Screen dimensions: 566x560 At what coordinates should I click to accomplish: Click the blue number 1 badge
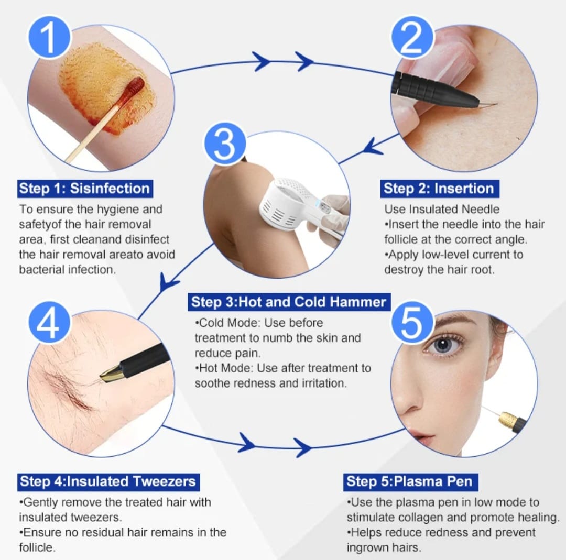coord(49,38)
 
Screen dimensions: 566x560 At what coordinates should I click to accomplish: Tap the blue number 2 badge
coord(412,38)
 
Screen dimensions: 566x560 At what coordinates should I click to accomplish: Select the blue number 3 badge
coord(225,144)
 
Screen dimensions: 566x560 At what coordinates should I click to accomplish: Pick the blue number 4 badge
coord(49,322)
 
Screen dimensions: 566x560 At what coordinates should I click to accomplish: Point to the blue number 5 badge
coord(412,322)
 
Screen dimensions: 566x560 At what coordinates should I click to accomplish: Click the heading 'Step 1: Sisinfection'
coord(85,189)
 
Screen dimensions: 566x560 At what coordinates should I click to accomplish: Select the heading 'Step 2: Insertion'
coord(439,189)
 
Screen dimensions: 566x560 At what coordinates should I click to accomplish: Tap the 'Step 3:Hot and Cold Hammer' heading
coord(289,302)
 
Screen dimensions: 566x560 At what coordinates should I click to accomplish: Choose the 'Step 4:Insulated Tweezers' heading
coord(108,482)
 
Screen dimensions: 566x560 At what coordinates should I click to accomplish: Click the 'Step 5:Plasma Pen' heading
coord(410,482)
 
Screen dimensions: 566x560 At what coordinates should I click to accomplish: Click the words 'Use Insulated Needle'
coord(442,209)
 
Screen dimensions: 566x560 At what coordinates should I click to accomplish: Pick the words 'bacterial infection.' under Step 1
coord(68,270)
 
